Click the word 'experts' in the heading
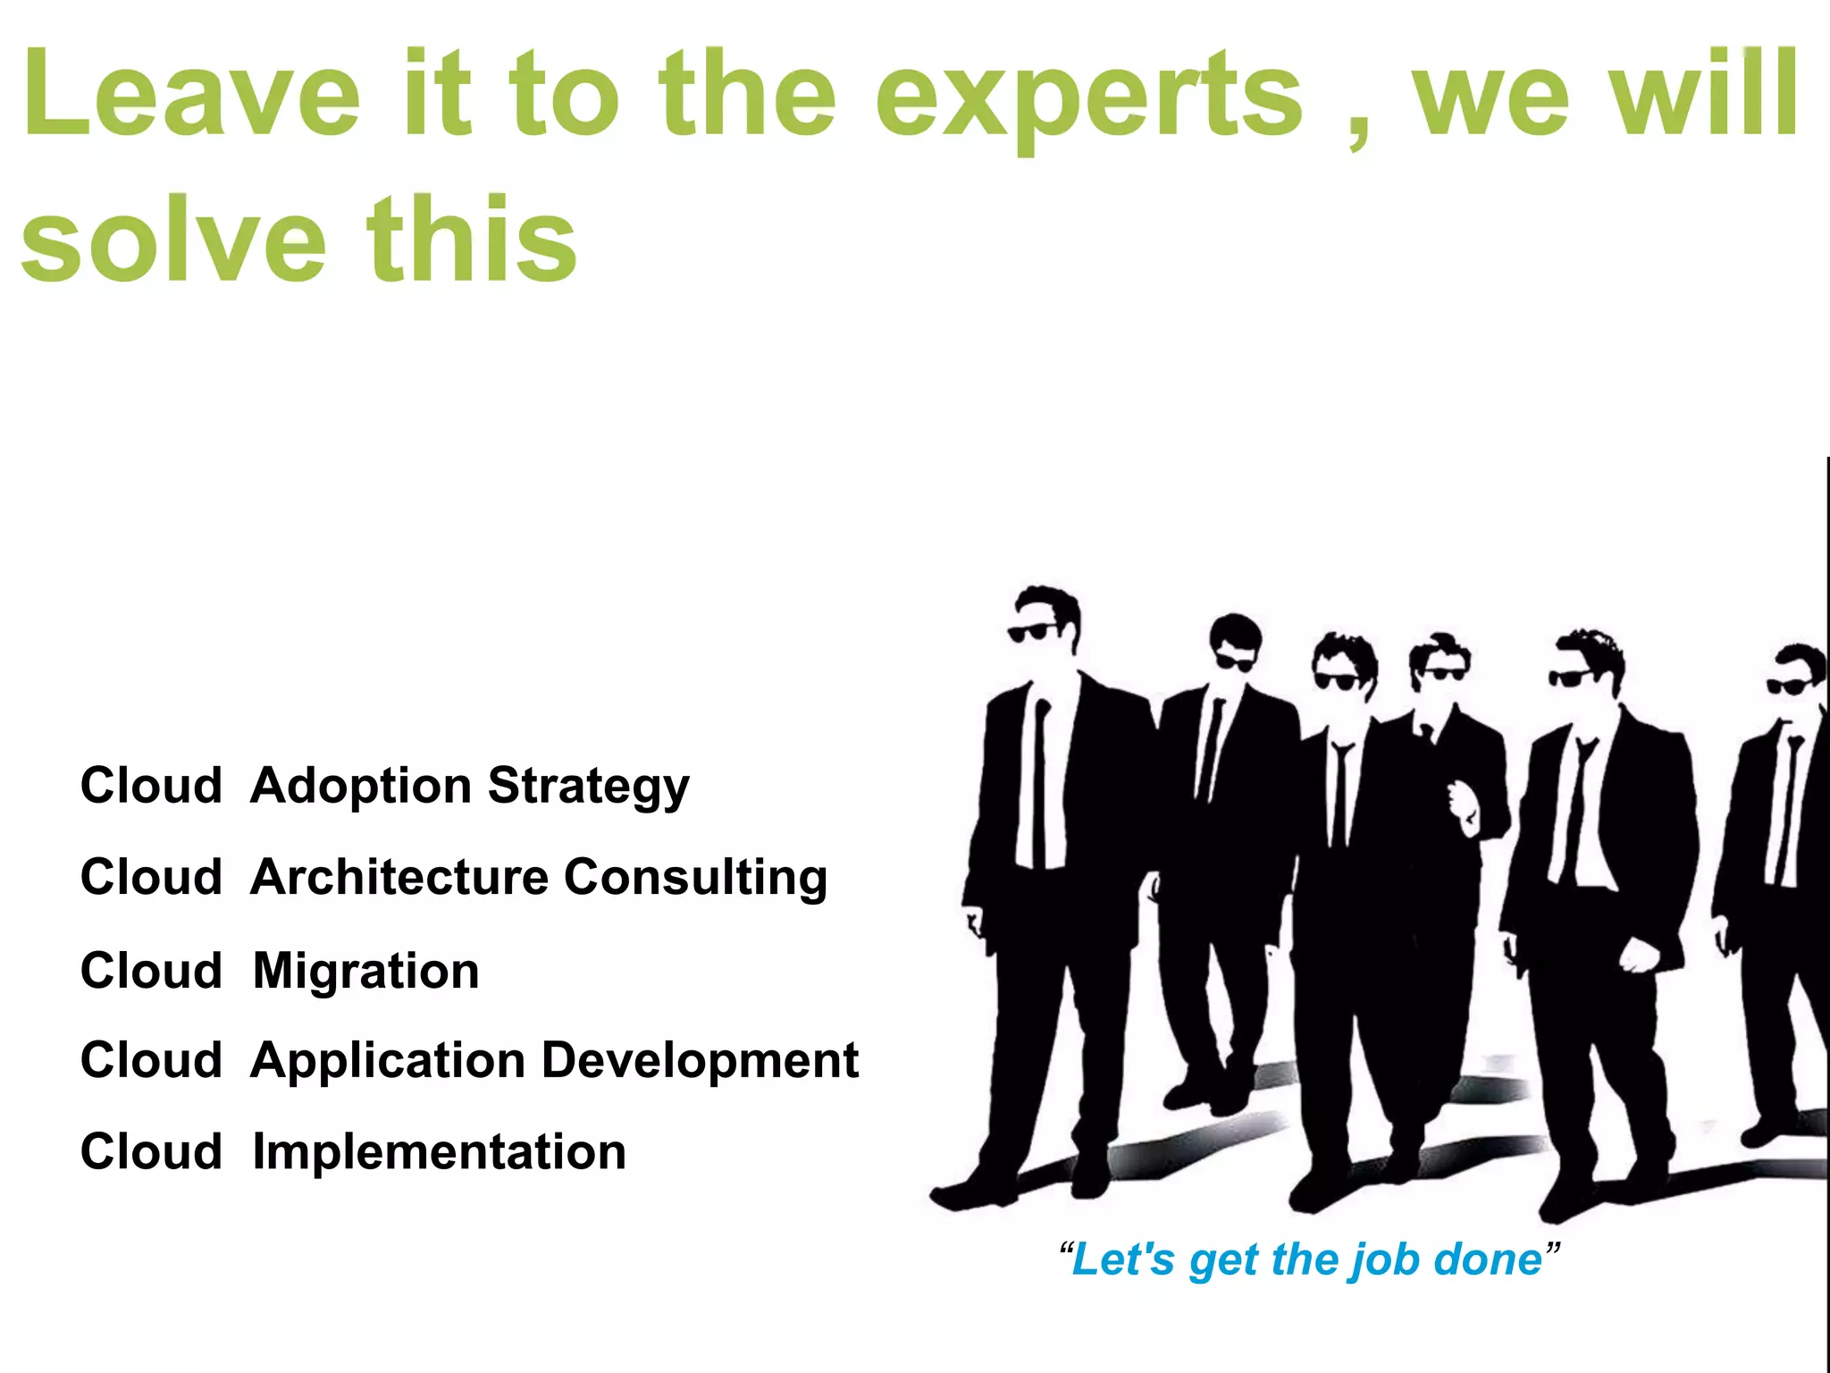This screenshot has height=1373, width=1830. pos(1088,98)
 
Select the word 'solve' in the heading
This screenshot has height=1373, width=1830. pos(173,241)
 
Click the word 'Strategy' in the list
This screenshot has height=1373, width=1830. pos(588,787)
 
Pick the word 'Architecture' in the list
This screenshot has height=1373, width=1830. pos(399,877)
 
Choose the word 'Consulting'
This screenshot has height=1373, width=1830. pos(695,879)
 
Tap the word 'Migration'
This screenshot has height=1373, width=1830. pos(365,971)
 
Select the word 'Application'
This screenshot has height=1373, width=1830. pos(388,1062)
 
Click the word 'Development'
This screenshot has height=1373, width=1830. pos(700,1060)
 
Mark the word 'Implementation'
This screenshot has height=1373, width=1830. pos(439,1151)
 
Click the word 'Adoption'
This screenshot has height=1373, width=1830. pos(361,787)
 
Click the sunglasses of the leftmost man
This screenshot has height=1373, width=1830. pos(1032,633)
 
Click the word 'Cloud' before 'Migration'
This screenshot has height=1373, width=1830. pos(151,971)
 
